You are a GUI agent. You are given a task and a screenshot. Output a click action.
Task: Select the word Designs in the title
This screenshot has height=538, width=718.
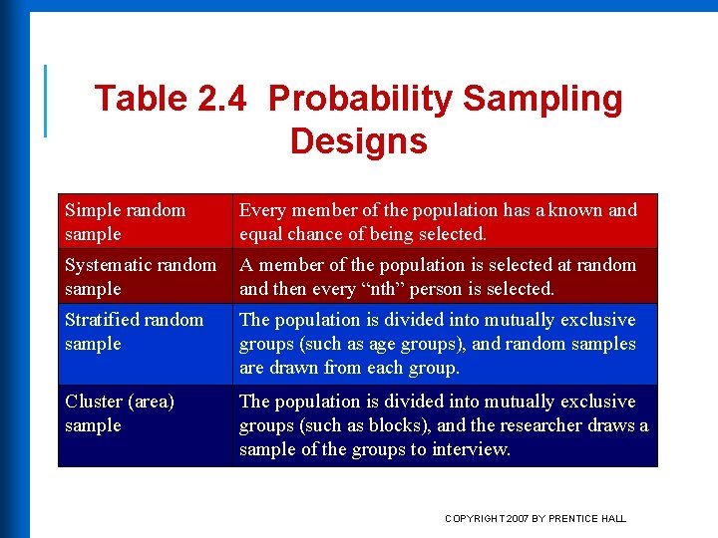pyautogui.click(x=358, y=141)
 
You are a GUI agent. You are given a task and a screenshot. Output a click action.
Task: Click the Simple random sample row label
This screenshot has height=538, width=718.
pyautogui.click(x=125, y=221)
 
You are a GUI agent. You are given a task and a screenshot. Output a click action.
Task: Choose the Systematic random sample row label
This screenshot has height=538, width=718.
pyautogui.click(x=140, y=276)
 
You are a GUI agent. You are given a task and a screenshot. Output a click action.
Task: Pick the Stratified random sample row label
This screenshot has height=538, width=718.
pyautogui.click(x=134, y=331)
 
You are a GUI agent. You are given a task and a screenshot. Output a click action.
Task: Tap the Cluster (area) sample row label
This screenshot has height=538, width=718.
pyautogui.click(x=119, y=412)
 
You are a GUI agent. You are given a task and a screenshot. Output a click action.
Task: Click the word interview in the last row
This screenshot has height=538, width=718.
pyautogui.click(x=472, y=449)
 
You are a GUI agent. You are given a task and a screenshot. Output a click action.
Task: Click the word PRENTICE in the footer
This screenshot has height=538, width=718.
pyautogui.click(x=575, y=518)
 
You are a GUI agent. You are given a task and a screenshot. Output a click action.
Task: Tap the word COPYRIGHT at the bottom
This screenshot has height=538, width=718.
pyautogui.click(x=475, y=518)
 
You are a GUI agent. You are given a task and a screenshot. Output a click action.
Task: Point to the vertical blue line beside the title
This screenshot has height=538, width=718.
pyautogui.click(x=45, y=100)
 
